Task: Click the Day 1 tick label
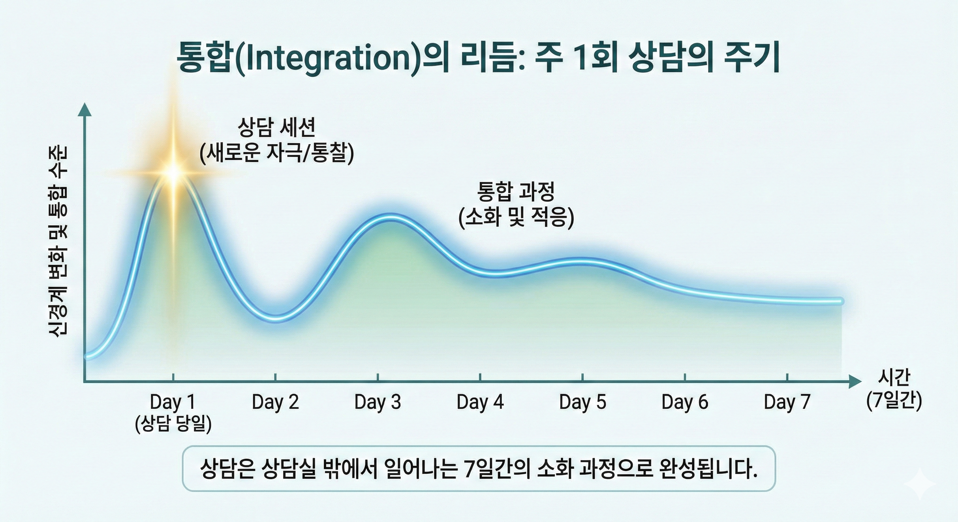tap(172, 402)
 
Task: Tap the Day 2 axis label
tap(275, 402)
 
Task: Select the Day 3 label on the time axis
tap(378, 402)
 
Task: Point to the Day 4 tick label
tap(480, 402)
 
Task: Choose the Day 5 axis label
tap(582, 402)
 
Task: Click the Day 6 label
tap(685, 402)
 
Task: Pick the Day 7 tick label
tap(787, 402)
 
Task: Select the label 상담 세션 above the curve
tap(276, 127)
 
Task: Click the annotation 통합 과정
tap(516, 192)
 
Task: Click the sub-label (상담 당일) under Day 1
tap(173, 423)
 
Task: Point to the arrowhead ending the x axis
tap(855, 381)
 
